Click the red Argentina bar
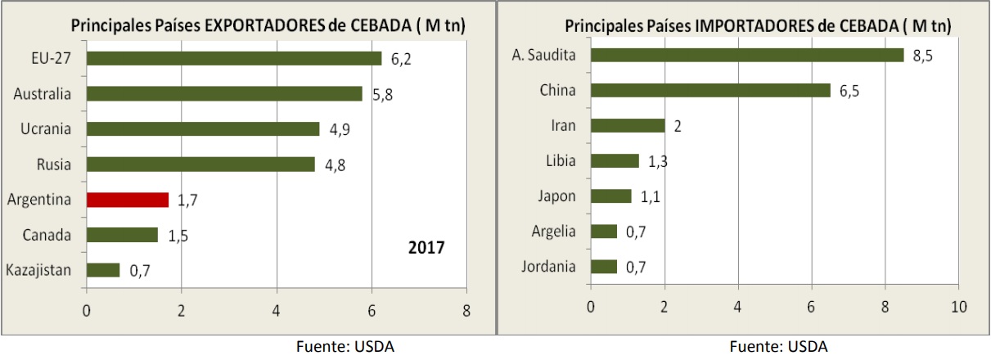pos(127,200)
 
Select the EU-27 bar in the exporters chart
pos(233,58)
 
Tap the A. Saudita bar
pos(747,55)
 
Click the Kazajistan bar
pos(103,270)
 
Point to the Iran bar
pos(628,125)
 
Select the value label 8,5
pos(922,56)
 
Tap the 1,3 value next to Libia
pos(658,161)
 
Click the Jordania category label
pos(548,267)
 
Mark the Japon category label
pos(556,196)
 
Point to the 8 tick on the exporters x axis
pos(466,311)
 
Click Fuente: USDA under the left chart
pos(345,346)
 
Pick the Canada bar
pos(122,235)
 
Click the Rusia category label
pos(54,164)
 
